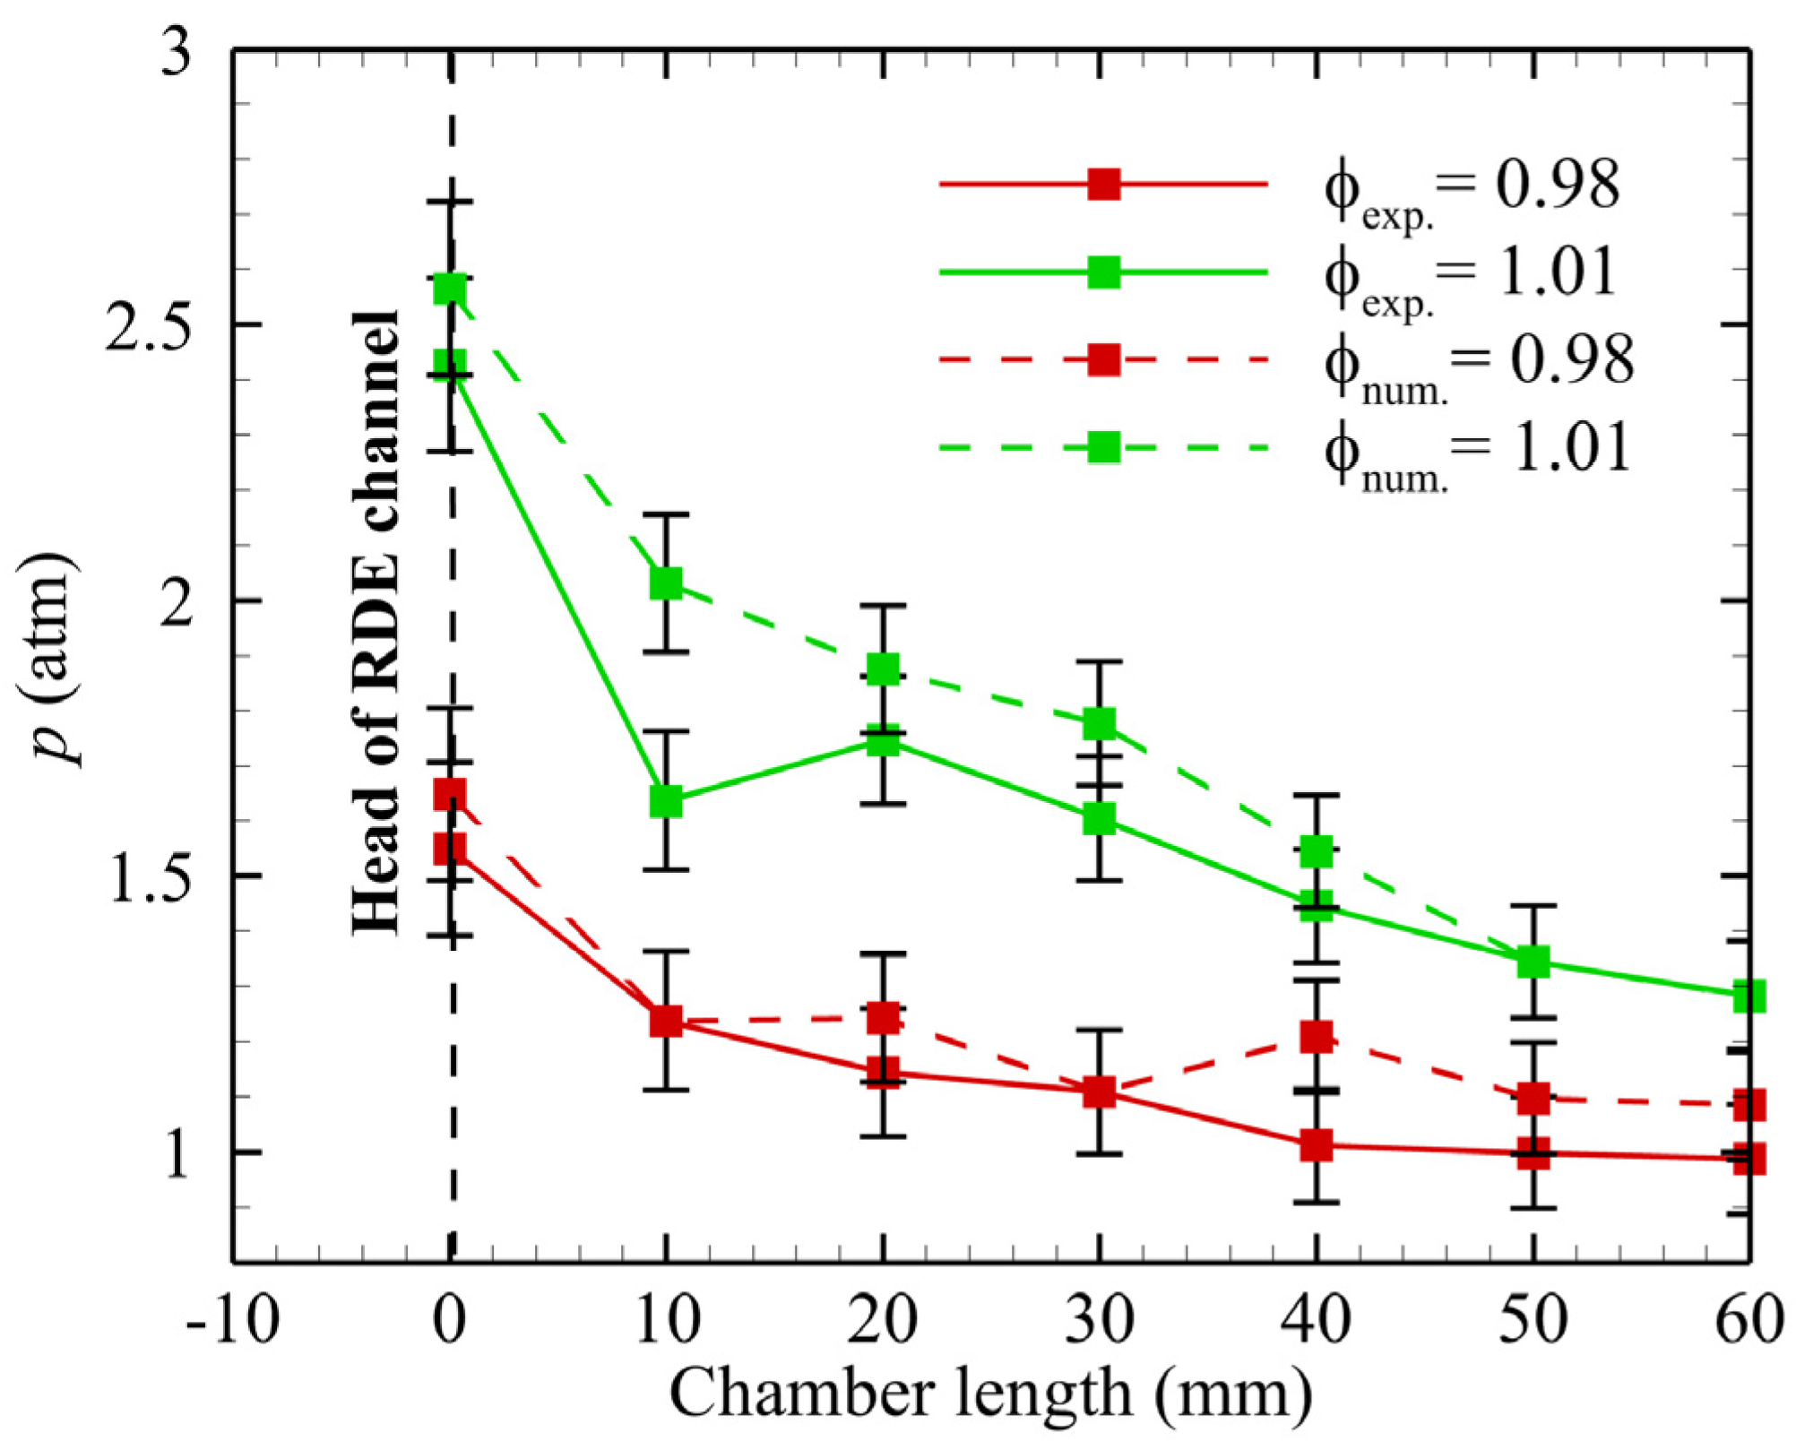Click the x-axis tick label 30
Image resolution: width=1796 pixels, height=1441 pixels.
click(x=1099, y=1319)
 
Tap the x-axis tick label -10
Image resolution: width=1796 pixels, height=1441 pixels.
click(x=231, y=1319)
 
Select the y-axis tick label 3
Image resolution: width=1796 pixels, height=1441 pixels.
click(x=177, y=52)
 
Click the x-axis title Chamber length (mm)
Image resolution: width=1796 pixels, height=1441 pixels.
click(x=990, y=1394)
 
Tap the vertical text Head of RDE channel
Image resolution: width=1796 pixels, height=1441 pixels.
click(x=375, y=623)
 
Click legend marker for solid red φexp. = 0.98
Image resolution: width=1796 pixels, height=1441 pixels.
click(x=1103, y=184)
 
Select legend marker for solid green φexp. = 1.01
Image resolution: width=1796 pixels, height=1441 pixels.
click(x=1103, y=272)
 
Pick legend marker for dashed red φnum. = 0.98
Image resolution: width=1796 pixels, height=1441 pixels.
click(x=1103, y=358)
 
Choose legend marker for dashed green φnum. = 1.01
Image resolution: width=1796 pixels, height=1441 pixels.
click(x=1103, y=446)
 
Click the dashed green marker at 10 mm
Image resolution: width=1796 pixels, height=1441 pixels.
click(x=666, y=583)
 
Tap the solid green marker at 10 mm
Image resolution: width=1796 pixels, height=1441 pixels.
click(x=666, y=800)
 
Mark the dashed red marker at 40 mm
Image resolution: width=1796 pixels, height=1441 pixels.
click(x=1316, y=1036)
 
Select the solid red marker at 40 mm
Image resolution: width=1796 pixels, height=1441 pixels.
click(x=1316, y=1144)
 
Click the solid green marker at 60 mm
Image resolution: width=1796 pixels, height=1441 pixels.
click(x=1749, y=996)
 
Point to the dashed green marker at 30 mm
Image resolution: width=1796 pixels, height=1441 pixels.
click(x=1099, y=722)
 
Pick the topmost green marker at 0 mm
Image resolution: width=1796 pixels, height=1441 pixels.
click(x=450, y=289)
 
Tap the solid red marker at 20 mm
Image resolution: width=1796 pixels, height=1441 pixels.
click(x=884, y=1070)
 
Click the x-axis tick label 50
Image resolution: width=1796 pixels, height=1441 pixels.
click(x=1533, y=1319)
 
